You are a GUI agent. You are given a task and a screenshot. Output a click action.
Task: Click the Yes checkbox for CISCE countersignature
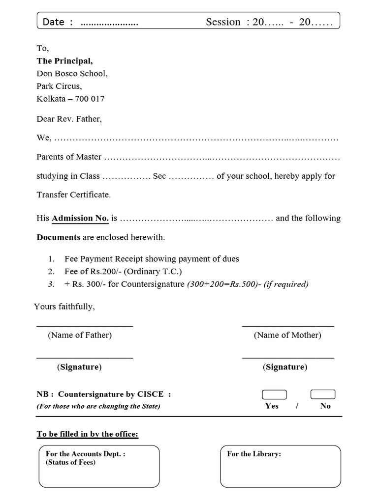[x=274, y=394]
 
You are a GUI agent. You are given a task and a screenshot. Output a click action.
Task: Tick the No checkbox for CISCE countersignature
[x=323, y=394]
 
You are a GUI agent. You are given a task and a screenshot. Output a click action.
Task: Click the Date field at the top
[x=109, y=22]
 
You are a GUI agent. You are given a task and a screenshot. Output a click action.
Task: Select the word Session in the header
[x=223, y=22]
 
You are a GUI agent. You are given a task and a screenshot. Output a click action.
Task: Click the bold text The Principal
[x=64, y=61]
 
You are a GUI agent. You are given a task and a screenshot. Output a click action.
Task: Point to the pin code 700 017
[x=90, y=99]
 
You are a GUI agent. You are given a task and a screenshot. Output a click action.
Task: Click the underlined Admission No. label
[x=80, y=218]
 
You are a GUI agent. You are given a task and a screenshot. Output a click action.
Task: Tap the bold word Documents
[x=59, y=237]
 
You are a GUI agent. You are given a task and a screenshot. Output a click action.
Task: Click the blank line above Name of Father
[x=84, y=326]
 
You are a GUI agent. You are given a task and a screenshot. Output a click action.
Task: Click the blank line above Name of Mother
[x=288, y=326]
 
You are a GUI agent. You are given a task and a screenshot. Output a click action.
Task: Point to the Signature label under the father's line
[x=80, y=367]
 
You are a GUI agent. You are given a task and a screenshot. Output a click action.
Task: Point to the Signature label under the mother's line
[x=285, y=367]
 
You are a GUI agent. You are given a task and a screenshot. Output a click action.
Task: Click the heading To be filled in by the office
[x=88, y=434]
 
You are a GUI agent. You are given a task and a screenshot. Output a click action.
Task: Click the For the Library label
[x=254, y=454]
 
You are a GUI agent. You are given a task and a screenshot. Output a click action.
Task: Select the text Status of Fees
[x=70, y=462]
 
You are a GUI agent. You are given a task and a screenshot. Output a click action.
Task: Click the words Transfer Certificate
[x=74, y=195]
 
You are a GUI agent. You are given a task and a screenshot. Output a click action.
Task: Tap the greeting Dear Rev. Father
[x=69, y=119]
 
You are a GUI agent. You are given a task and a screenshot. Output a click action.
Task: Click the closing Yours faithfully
[x=64, y=307]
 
